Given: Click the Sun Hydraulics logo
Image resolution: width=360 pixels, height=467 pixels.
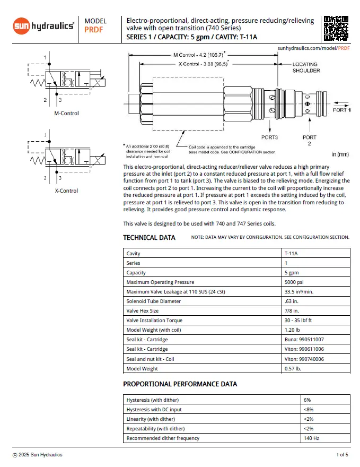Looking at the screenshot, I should [x=44, y=25].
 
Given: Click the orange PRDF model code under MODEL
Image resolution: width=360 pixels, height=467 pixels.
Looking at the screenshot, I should [x=94, y=30].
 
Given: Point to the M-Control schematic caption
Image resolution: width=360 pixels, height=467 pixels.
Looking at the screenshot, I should [x=66, y=113].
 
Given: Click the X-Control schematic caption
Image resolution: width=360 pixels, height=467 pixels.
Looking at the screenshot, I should [x=66, y=191].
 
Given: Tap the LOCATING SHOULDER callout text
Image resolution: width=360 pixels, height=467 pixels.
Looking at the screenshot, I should [x=306, y=67].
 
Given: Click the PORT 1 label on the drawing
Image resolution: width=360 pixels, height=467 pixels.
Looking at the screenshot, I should [x=341, y=110].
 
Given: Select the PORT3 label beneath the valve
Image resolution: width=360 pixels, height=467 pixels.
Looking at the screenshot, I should [x=269, y=137].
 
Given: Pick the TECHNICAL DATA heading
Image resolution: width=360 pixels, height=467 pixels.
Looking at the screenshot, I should [x=149, y=238].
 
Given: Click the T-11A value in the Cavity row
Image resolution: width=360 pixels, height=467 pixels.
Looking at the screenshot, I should [x=291, y=254].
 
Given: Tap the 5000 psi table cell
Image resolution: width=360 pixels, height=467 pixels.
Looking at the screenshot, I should [x=294, y=282].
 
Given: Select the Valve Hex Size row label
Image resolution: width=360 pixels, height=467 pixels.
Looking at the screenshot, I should [x=142, y=311].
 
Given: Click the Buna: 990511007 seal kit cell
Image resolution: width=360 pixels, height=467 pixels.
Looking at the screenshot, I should [x=304, y=340].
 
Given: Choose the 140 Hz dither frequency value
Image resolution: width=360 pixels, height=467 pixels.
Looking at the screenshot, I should [x=311, y=438].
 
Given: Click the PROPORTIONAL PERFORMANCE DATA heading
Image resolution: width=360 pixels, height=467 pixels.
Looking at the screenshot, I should [x=180, y=384].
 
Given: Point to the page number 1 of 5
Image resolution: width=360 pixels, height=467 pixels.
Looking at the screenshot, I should [x=342, y=455].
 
